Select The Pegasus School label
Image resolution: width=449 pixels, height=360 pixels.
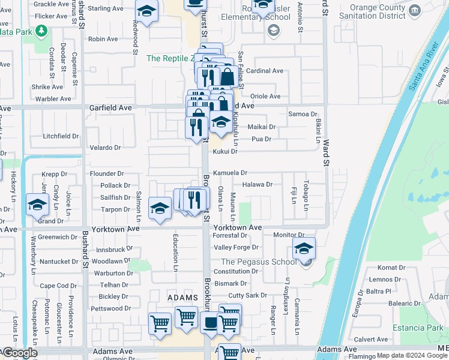click(x=259, y=262)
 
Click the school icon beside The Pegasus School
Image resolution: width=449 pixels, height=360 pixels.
click(x=304, y=247)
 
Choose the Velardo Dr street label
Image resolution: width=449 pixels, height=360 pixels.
click(x=105, y=148)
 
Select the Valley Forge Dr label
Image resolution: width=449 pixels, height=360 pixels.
click(x=236, y=247)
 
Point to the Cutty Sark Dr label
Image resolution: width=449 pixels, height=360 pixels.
click(x=247, y=295)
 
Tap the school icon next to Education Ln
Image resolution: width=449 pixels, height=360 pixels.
click(x=160, y=208)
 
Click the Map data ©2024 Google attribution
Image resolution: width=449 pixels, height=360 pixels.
click(x=412, y=355)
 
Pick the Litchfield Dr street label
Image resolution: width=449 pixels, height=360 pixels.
click(x=61, y=136)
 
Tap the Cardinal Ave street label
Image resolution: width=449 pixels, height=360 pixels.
click(x=264, y=71)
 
